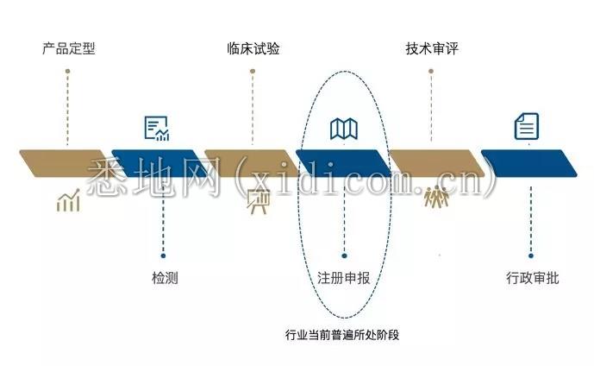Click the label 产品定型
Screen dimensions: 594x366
pos(69,48)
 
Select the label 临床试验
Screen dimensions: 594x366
pos(253,48)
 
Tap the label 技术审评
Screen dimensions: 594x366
pos(432,48)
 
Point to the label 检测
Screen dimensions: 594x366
pos(165,278)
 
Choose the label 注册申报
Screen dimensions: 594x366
pos(344,278)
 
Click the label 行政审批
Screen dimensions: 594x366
pos(532,278)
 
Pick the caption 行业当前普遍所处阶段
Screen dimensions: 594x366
pos(342,335)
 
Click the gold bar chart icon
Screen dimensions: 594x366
pos(68,200)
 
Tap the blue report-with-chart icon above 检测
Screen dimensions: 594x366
pos(157,129)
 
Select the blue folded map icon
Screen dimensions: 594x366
pos(344,129)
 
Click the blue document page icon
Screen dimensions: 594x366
pos(527,126)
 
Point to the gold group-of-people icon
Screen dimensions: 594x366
pos(436,196)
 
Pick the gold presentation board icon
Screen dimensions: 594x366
pos(259,201)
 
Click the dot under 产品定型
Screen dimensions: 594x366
pos(67,71)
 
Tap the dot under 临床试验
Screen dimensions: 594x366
pos(253,71)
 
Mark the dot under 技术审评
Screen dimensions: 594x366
pos(431,71)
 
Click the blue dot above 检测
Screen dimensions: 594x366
pos(163,256)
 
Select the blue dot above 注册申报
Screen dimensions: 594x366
pos(344,256)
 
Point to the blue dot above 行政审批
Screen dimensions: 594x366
pos(531,256)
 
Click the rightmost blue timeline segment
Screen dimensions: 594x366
pos(528,163)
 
